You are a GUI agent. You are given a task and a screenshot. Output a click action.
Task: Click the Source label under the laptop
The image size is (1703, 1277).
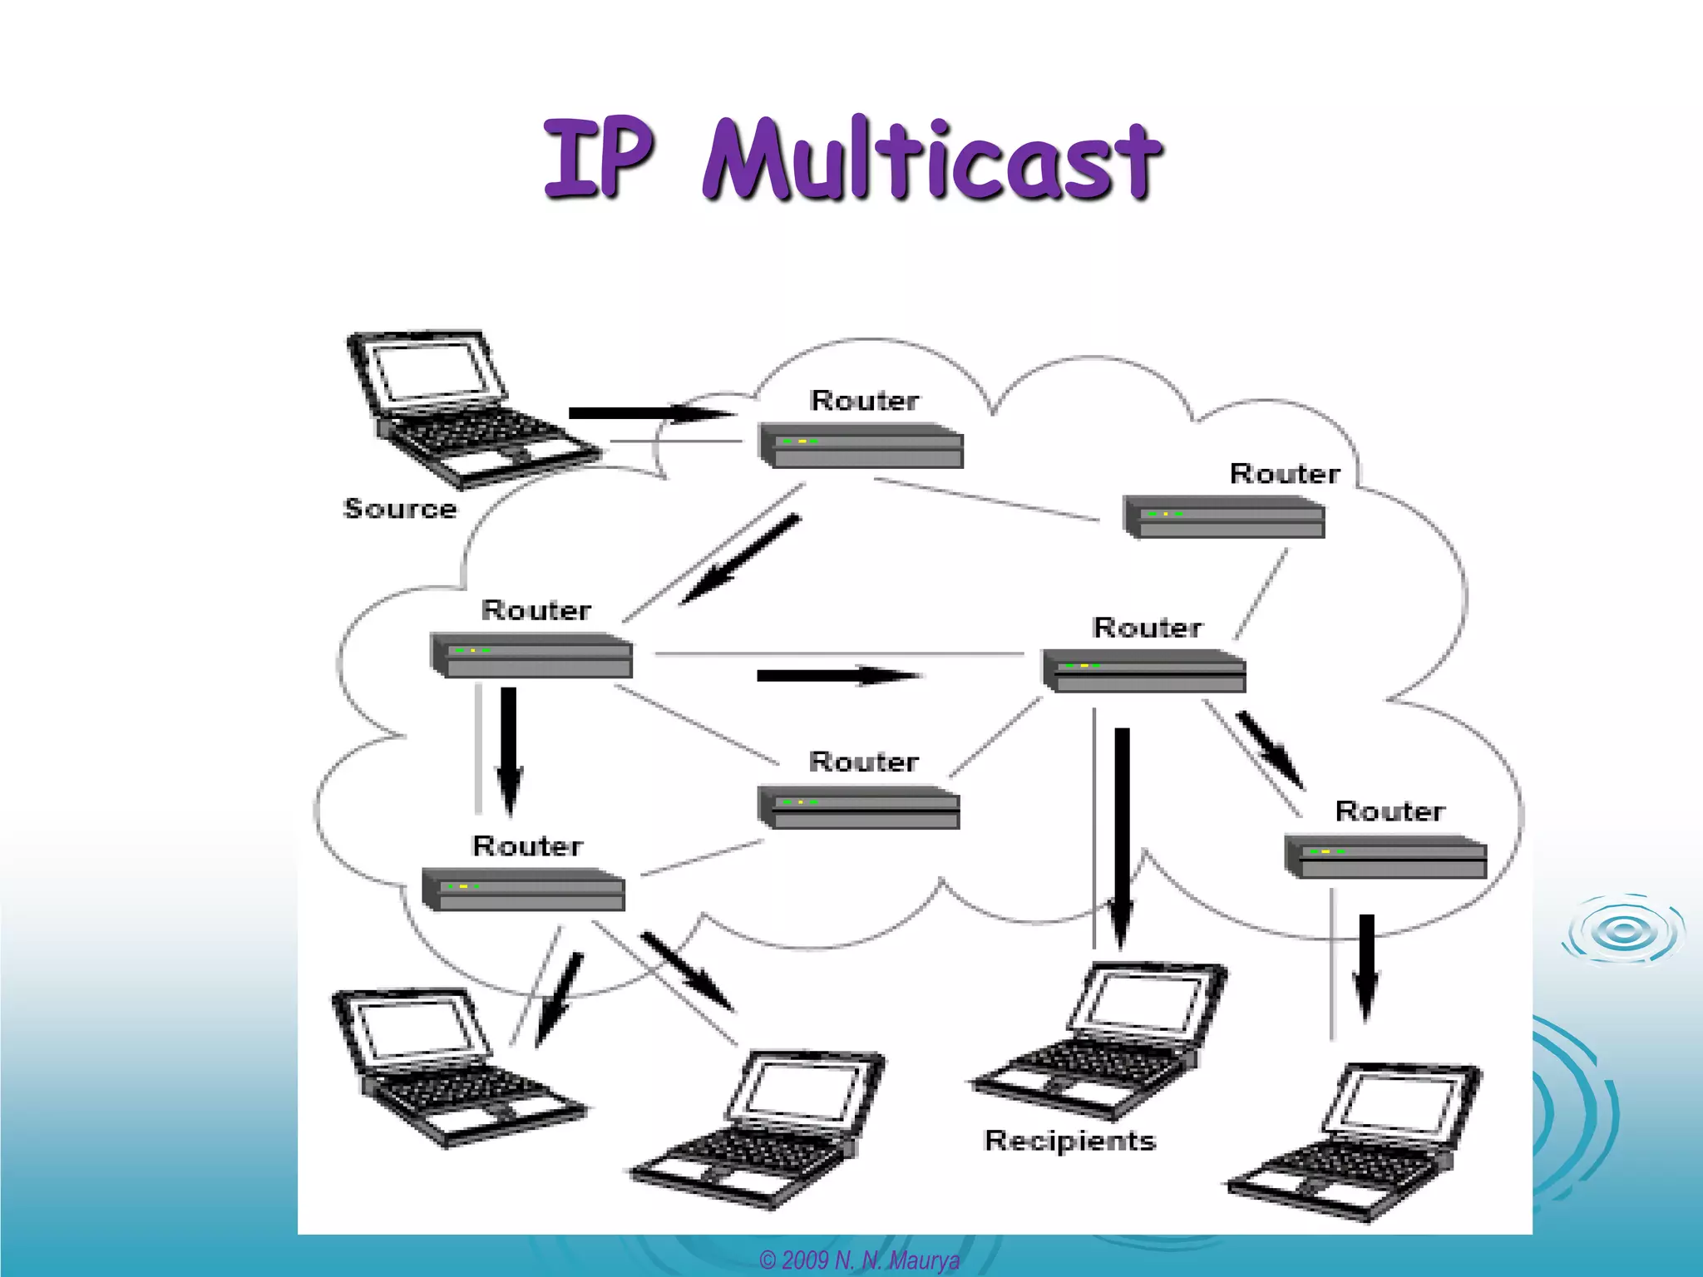(x=400, y=508)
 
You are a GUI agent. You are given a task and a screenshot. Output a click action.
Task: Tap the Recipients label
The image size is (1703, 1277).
(x=1070, y=1140)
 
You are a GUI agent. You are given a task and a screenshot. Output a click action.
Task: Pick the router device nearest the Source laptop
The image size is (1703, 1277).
(x=861, y=446)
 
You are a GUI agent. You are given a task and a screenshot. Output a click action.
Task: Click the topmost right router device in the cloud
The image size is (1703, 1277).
(x=1223, y=517)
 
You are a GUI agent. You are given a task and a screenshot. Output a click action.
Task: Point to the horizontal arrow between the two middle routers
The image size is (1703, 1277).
(x=838, y=675)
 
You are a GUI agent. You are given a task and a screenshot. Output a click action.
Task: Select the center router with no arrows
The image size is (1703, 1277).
(x=859, y=807)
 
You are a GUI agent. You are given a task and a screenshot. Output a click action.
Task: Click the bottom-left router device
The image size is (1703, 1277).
(x=523, y=890)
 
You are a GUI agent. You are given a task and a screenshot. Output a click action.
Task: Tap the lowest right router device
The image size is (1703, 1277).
(x=1385, y=856)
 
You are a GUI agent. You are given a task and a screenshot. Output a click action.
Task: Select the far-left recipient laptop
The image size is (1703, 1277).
(x=457, y=1068)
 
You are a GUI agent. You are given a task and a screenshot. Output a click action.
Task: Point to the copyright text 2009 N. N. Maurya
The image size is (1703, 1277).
(x=860, y=1260)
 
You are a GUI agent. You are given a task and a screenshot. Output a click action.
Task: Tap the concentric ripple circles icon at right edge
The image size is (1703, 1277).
(x=1623, y=930)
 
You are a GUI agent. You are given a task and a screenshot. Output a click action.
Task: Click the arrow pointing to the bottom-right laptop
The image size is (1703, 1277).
(x=1366, y=967)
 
